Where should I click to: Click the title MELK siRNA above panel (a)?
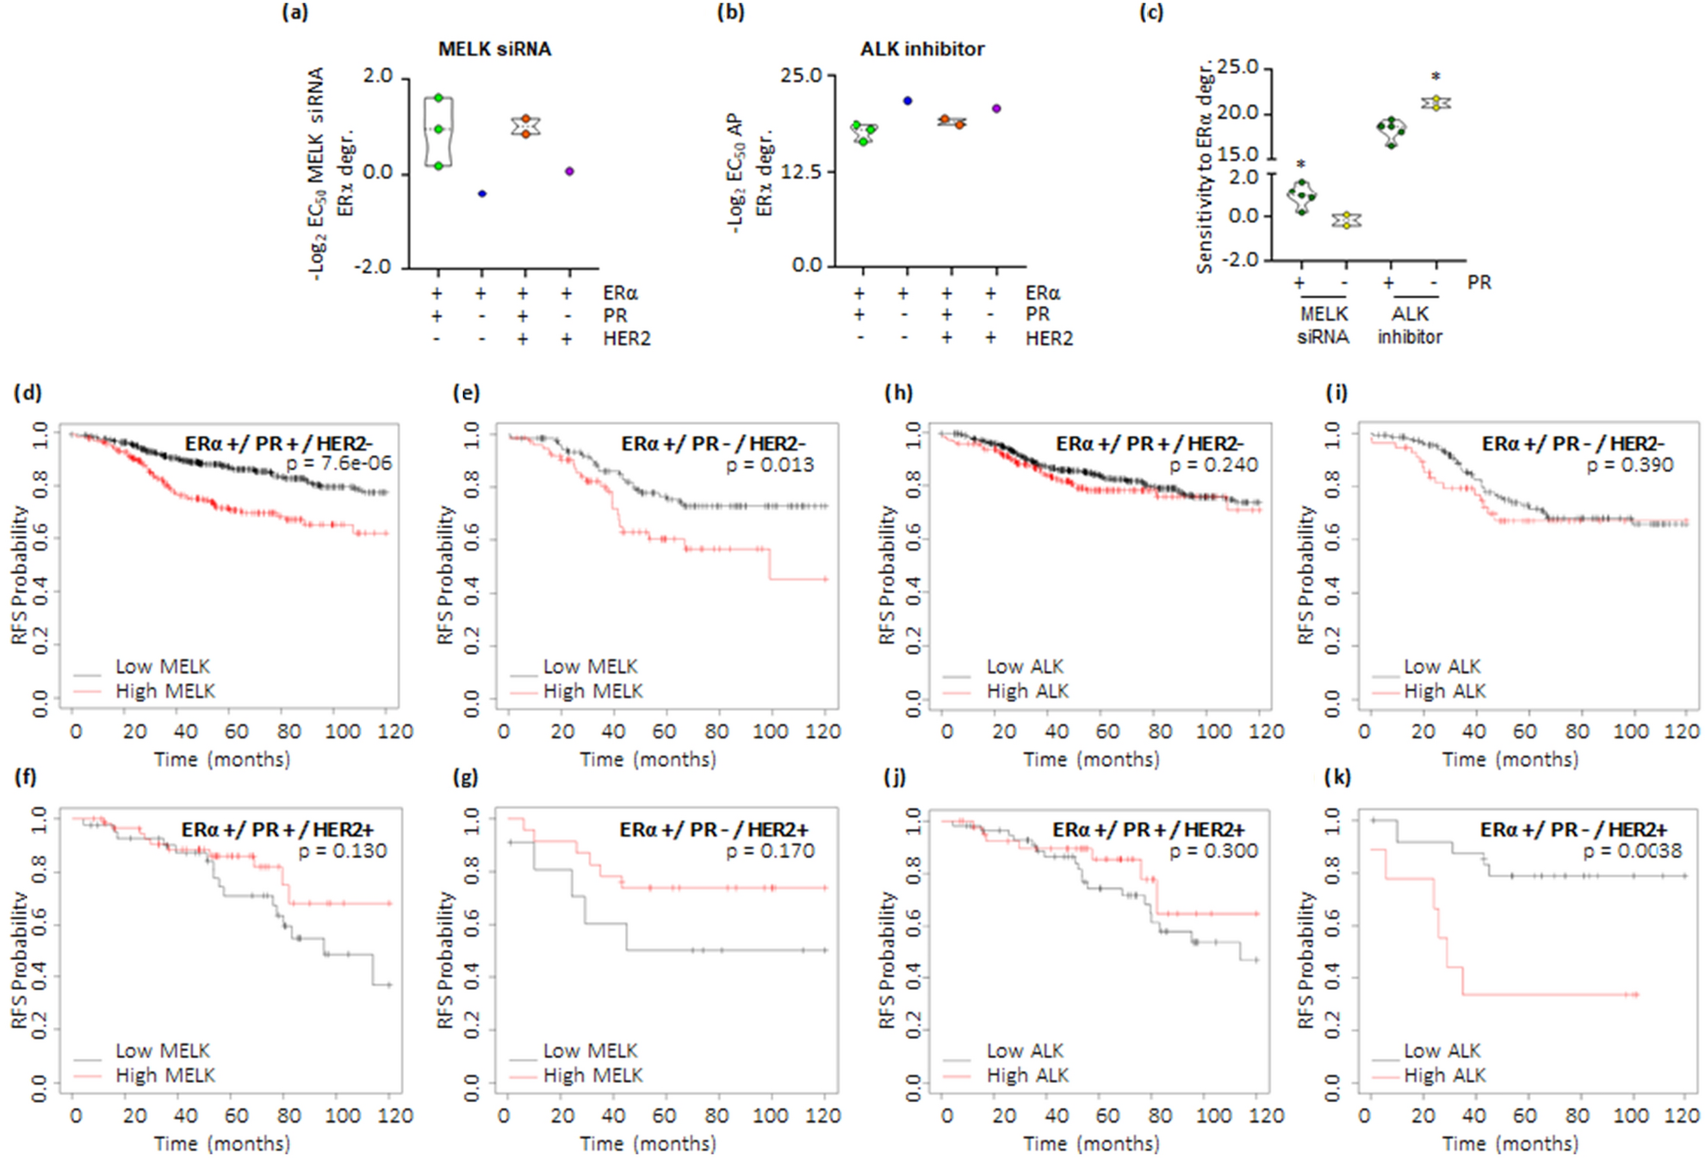coord(494,49)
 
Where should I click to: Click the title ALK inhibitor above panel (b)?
coord(922,49)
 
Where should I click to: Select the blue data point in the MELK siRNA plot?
coord(482,194)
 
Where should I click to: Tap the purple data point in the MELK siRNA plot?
coord(569,171)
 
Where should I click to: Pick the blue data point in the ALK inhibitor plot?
coord(908,101)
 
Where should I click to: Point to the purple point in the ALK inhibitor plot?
coord(996,109)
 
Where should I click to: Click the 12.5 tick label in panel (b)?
coord(801,171)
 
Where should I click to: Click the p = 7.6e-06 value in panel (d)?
coord(338,464)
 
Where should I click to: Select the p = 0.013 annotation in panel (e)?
coord(769,465)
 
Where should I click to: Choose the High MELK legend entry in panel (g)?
coord(592,1075)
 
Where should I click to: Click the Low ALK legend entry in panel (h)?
coord(1025,667)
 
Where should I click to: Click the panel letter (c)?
coord(1151,13)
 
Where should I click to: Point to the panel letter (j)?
coord(896,777)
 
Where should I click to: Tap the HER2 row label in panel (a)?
coord(626,339)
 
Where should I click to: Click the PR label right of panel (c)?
coord(1479,283)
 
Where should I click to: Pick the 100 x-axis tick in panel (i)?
coord(1630,732)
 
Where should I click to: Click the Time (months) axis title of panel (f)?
coord(222,1143)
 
